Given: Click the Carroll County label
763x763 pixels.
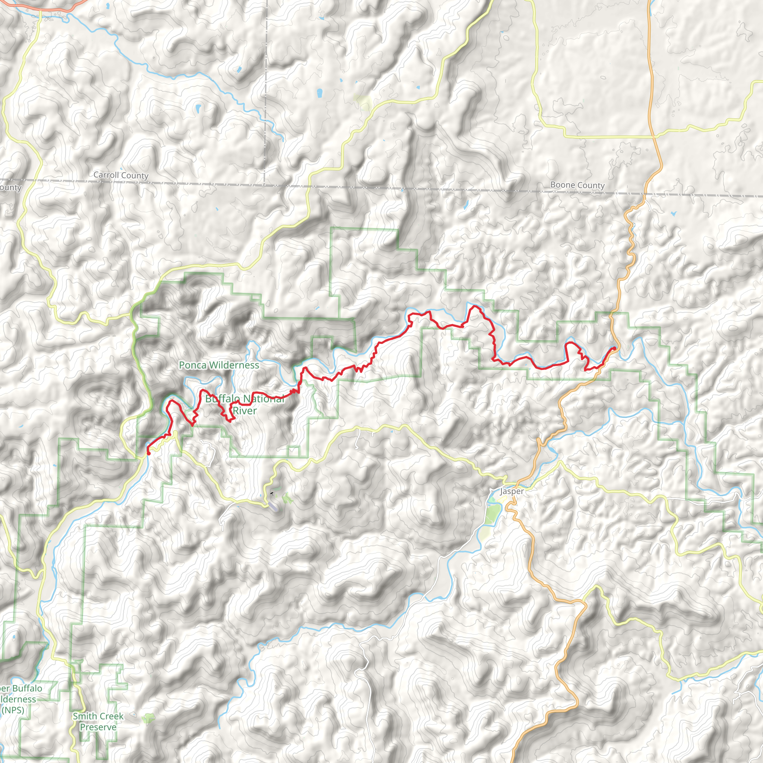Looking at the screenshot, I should tap(121, 175).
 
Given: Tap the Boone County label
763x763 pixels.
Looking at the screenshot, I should tap(577, 185).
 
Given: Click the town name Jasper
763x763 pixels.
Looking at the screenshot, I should tap(512, 491).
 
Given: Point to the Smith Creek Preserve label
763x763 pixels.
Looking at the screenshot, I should tap(98, 722).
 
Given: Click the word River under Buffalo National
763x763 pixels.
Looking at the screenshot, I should tap(245, 411).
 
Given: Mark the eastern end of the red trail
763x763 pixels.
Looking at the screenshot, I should tap(614, 348).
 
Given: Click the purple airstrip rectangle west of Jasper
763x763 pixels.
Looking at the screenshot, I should tap(274, 507).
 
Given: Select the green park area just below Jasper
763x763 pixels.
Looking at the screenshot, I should tap(492, 514).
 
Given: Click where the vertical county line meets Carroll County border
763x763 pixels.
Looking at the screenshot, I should tap(265, 184).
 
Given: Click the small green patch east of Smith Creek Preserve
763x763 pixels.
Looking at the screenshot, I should tap(149, 718).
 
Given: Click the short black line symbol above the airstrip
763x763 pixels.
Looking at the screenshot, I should tap(272, 493).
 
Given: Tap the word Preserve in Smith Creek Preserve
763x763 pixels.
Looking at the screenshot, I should tap(98, 727).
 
